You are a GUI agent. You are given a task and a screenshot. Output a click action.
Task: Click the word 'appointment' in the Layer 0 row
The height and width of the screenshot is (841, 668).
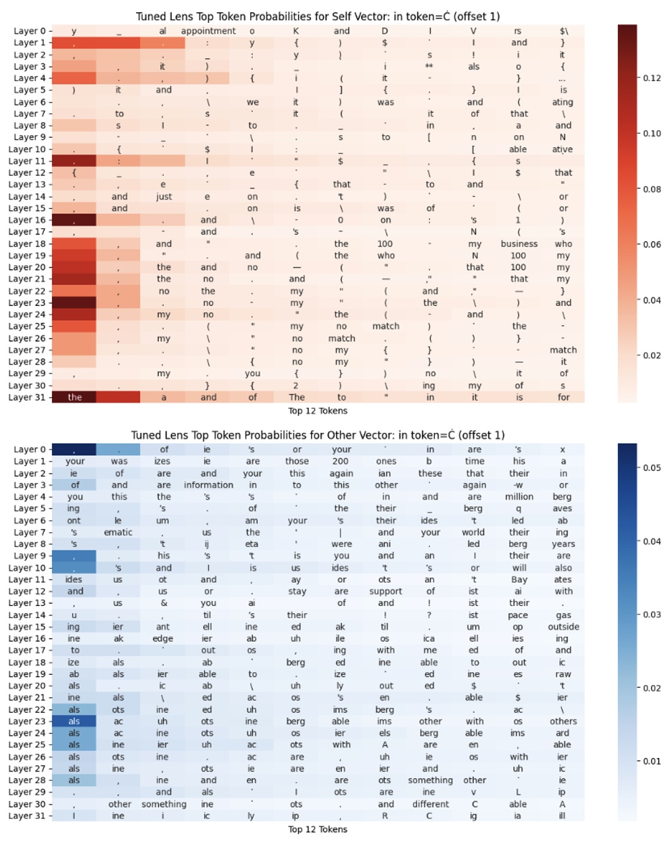point(208,31)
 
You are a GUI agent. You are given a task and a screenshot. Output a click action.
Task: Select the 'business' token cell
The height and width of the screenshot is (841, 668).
point(519,244)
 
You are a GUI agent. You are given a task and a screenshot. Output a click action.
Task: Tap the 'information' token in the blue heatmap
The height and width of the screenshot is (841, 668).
point(208,485)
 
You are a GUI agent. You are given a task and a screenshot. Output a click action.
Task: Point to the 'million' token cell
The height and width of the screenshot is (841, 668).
point(519,496)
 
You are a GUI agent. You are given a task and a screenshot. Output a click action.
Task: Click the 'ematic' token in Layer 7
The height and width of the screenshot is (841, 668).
point(118,532)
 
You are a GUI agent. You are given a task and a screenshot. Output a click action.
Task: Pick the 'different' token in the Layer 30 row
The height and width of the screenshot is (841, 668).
point(430,804)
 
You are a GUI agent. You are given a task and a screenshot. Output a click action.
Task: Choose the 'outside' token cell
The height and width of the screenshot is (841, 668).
point(563,627)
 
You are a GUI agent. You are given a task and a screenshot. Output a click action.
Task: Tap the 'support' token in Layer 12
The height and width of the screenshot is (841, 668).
point(385,591)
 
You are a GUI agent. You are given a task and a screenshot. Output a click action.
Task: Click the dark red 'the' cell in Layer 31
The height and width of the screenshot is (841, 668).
point(74,397)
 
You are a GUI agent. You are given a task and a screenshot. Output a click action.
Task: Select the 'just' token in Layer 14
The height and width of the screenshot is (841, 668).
point(164,197)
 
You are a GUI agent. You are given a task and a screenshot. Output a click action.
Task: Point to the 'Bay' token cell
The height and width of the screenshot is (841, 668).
point(519,580)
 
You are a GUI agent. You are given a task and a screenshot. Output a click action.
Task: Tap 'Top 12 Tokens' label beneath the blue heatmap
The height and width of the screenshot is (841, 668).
point(318,830)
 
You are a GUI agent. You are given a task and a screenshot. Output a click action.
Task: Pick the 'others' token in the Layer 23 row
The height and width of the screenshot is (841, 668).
point(563,721)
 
